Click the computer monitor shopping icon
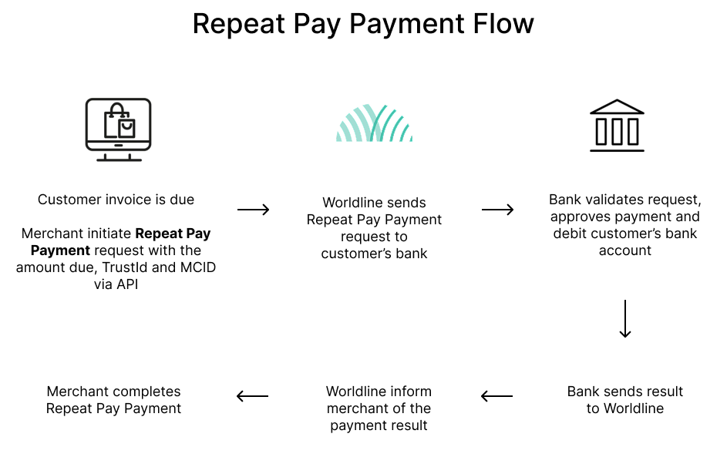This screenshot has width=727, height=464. pos(118,129)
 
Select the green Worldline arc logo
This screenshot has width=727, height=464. pos(374,123)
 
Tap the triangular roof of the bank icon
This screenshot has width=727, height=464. pos(617,107)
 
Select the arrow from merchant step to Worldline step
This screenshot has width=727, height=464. pos(253,210)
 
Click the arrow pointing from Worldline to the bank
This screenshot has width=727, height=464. pos(497,210)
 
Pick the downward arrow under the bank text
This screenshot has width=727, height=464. pos(625,319)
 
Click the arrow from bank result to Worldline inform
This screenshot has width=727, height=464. pos(497,396)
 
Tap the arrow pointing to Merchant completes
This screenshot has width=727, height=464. pos(253,396)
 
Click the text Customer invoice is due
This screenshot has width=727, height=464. pos(116,200)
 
